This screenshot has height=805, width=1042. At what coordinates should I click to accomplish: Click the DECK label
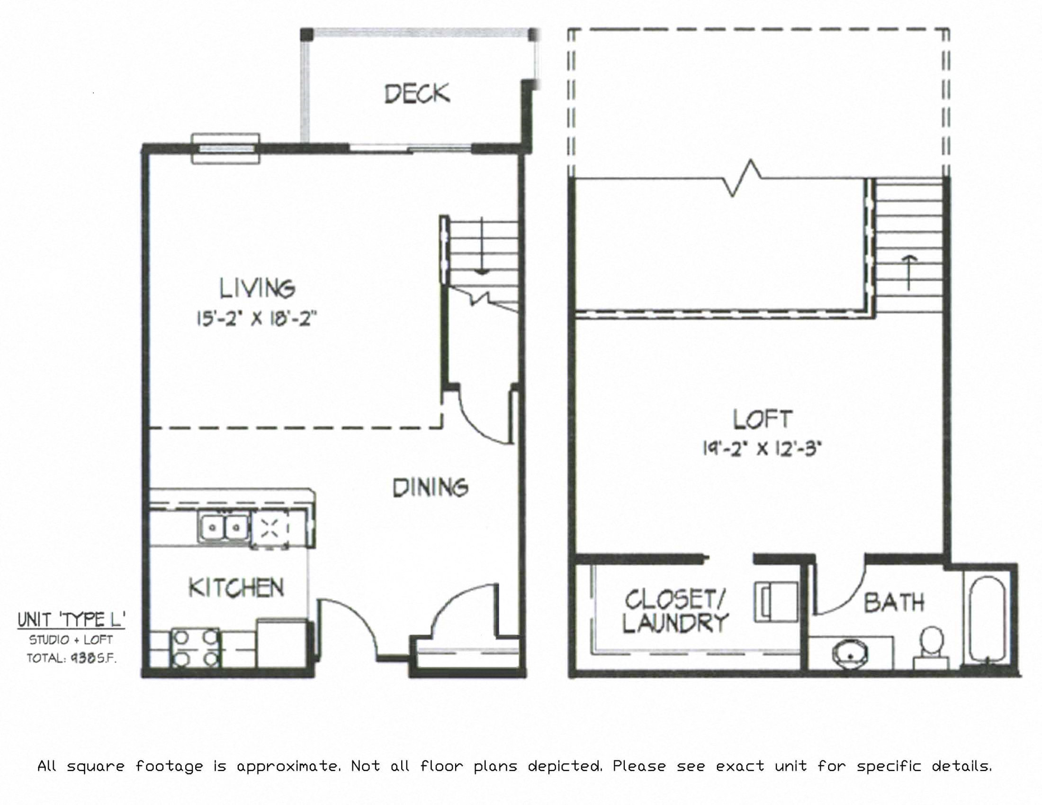[x=417, y=93]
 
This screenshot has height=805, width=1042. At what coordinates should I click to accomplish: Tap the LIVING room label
[x=257, y=288]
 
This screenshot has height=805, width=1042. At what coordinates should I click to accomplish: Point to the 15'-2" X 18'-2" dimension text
[x=257, y=318]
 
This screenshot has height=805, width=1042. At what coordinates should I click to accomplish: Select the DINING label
[x=431, y=487]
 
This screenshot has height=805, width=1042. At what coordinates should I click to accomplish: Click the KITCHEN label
[x=236, y=587]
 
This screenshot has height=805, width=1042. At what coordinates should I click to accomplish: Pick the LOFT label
[x=763, y=419]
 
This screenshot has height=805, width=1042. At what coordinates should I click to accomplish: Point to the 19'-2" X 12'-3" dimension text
[x=762, y=448]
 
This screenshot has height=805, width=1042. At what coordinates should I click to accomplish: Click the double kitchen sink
[x=223, y=528]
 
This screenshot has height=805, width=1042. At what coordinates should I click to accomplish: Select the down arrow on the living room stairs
[x=482, y=246]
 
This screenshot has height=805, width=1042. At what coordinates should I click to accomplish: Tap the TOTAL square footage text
[x=72, y=658]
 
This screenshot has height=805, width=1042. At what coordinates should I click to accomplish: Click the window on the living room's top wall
[x=225, y=148]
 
